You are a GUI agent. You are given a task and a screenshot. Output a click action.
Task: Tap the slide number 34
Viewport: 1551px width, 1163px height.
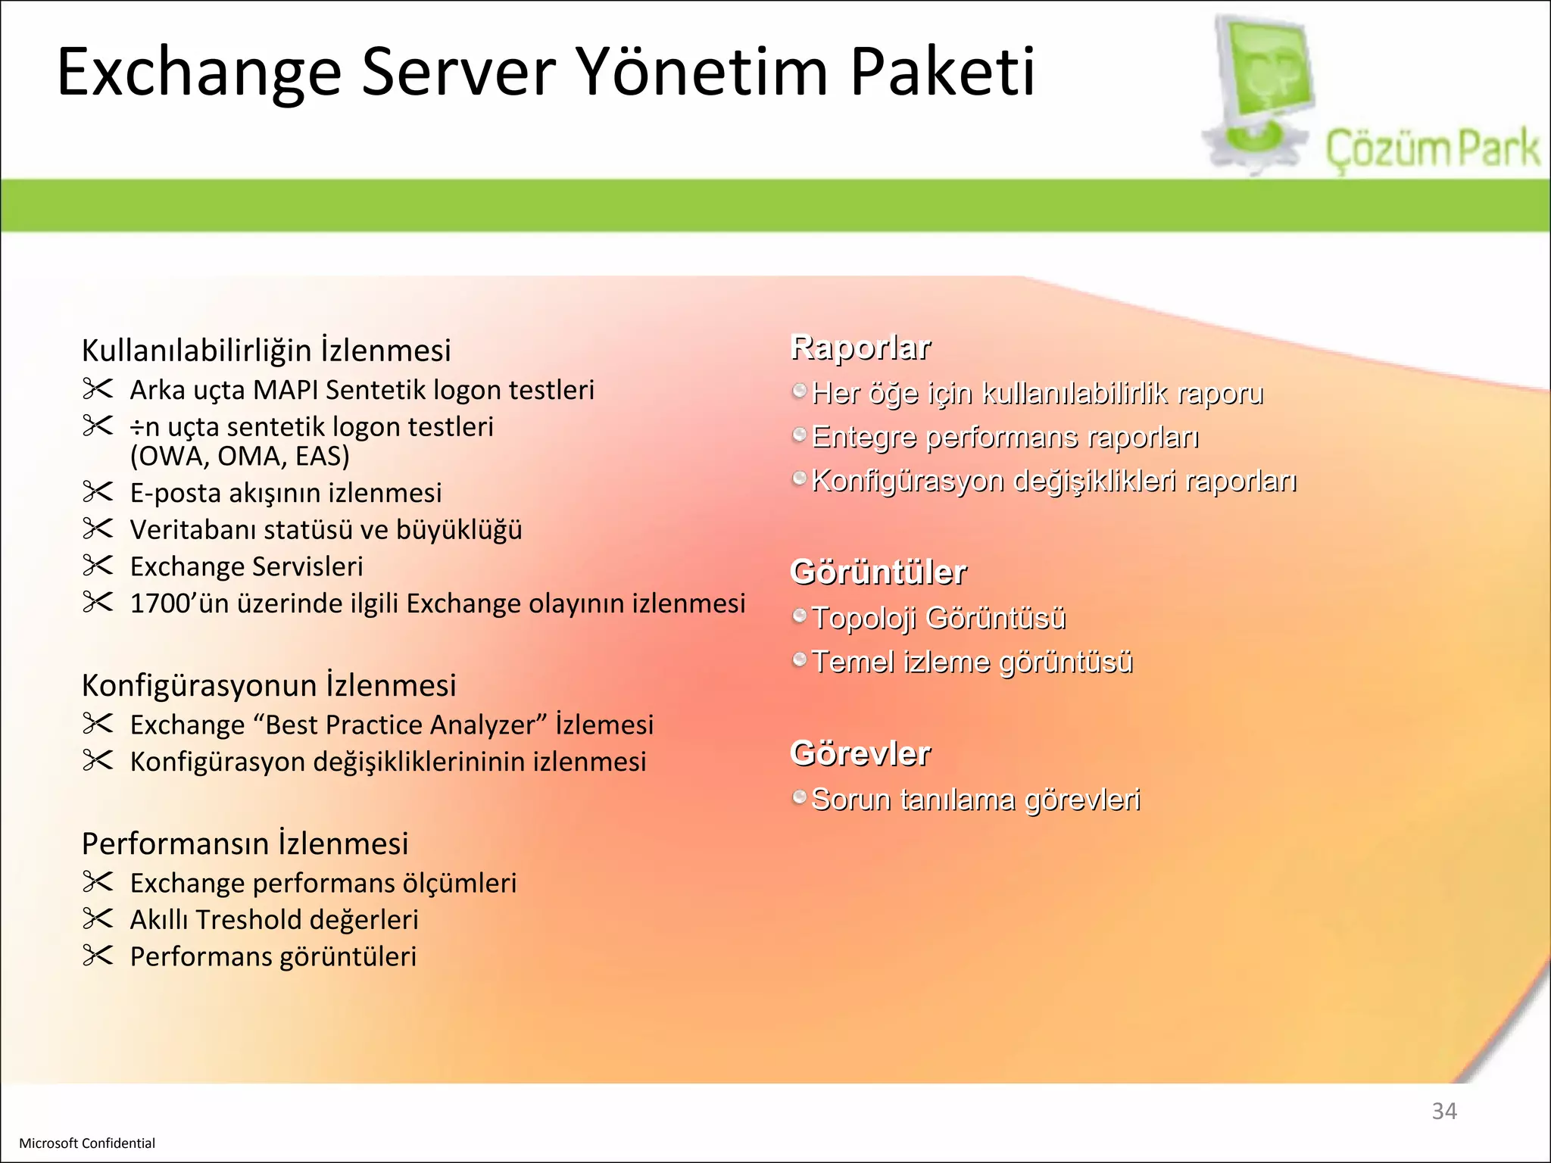pos(1443,1111)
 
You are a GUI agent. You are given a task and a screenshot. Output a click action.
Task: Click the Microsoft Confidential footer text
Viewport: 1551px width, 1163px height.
pos(87,1143)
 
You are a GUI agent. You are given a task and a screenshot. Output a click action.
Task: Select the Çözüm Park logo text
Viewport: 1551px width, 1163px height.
pos(1432,149)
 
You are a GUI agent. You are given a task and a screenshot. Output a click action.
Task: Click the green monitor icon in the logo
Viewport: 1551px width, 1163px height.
pos(1265,76)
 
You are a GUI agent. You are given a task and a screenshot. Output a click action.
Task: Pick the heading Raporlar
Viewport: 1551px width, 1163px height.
pos(860,348)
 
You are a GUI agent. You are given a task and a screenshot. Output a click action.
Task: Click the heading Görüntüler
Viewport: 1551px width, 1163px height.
pos(878,572)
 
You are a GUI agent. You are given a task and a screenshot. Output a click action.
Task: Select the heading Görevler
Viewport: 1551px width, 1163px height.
pos(860,753)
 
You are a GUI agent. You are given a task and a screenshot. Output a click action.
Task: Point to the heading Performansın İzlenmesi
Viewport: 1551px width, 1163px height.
pos(245,843)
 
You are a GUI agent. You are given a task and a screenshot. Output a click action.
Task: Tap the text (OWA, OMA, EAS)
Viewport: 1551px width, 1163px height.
pos(240,456)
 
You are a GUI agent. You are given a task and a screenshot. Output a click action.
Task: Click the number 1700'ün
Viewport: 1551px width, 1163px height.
pos(179,603)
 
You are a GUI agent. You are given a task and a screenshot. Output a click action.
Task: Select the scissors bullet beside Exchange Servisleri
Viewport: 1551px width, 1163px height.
pos(98,566)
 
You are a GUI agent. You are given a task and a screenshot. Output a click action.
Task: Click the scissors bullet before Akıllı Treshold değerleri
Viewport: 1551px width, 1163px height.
pos(98,918)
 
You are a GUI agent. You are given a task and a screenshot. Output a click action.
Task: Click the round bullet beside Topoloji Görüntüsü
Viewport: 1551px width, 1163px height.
pos(799,616)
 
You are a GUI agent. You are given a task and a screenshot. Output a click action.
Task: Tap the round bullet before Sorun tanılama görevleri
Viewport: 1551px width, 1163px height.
pos(799,797)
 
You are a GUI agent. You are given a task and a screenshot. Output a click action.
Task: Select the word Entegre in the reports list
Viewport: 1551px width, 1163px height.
pos(864,438)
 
